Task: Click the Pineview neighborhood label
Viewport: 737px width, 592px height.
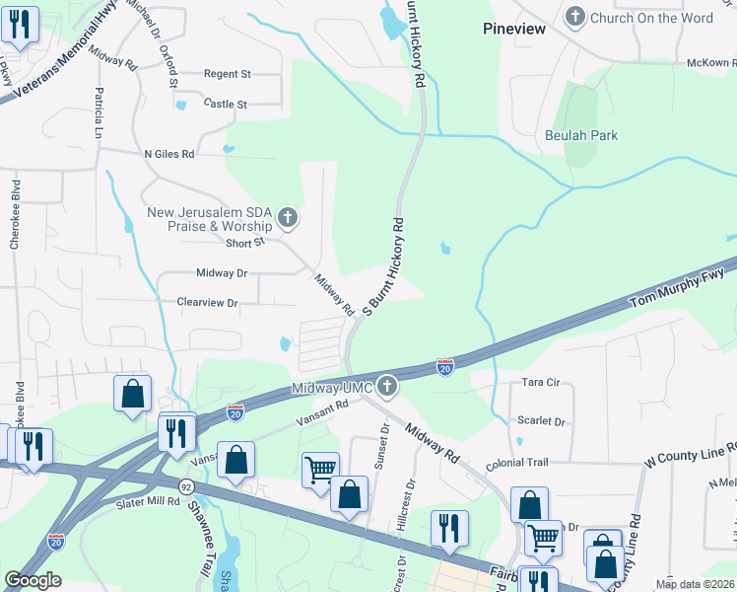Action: [513, 29]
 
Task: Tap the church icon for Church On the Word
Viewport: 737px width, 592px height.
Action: [574, 16]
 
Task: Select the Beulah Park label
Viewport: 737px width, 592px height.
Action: [581, 135]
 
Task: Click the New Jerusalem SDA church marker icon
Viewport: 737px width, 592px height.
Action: [287, 217]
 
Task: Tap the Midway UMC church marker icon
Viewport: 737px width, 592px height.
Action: [387, 387]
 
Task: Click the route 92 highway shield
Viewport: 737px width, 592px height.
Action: [185, 486]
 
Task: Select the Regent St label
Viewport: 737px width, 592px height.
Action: [228, 74]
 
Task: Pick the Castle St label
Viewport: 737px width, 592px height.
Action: [225, 104]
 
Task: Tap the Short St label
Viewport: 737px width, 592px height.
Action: [245, 243]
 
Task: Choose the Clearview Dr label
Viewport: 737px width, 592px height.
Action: [207, 303]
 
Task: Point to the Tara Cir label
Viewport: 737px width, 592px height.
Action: [541, 381]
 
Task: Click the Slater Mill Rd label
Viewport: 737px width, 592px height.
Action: [146, 501]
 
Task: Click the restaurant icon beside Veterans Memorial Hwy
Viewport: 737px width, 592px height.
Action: [20, 26]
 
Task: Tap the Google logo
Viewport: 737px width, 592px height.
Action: [33, 580]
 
